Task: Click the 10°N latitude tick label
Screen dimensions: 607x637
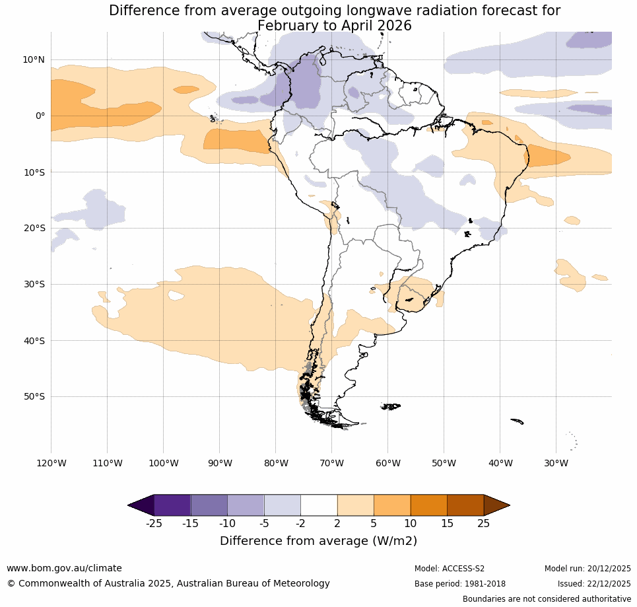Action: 33,59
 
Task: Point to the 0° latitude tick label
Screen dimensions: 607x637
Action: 40,116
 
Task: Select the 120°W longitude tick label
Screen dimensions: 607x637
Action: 51,463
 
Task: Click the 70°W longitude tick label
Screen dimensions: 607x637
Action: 331,463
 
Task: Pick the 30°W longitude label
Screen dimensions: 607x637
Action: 556,463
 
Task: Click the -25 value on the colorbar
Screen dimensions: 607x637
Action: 154,524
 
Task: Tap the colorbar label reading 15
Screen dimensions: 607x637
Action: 447,524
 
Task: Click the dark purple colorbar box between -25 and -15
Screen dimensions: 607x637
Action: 172,505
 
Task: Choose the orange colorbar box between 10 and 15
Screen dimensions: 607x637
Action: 428,505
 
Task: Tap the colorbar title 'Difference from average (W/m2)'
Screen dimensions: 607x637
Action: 318,541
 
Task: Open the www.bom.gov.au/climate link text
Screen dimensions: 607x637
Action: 64,568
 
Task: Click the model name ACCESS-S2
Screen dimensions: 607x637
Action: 463,569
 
